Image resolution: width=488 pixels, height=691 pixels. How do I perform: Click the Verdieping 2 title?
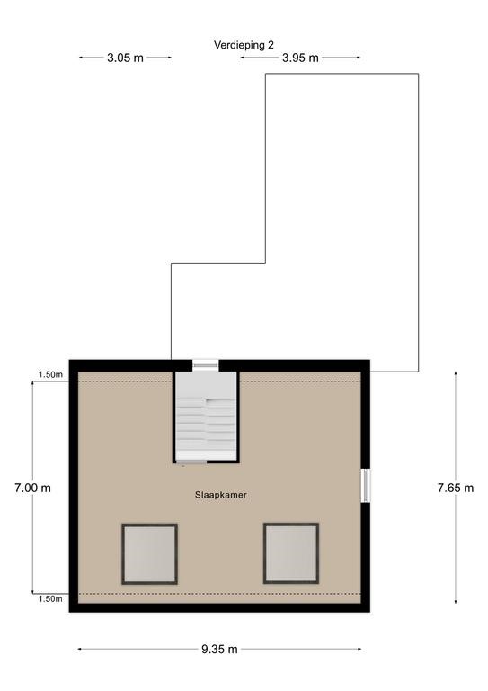coord(244,45)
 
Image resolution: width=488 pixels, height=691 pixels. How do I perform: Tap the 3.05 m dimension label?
coord(126,58)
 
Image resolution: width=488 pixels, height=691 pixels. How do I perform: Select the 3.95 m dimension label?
coord(300,58)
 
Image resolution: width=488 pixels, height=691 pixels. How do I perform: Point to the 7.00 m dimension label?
coord(32,488)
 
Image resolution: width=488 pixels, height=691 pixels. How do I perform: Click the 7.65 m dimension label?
coord(456,488)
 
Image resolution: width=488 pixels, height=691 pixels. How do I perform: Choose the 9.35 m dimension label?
coord(219,649)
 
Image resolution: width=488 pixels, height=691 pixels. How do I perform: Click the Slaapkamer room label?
coord(221,495)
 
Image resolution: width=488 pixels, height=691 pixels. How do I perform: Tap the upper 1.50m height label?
coord(50,375)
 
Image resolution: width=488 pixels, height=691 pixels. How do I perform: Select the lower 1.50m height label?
coord(50,599)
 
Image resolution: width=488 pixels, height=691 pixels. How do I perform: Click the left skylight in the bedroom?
coord(149,554)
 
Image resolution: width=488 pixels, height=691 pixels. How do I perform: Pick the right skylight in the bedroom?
coord(291,553)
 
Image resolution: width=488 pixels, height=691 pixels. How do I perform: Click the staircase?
coord(206,416)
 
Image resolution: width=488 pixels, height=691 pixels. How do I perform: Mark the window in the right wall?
coord(366,486)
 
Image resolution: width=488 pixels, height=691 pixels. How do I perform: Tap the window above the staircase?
coord(206,364)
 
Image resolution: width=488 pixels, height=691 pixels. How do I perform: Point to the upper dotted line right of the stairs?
coord(300,381)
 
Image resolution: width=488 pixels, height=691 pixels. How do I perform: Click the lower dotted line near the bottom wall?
coord(219,594)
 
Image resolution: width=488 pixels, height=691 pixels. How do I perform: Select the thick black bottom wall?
coord(219,607)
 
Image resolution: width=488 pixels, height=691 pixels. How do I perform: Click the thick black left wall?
coord(74,486)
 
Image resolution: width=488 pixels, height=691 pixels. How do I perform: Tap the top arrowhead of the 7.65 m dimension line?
coord(456,372)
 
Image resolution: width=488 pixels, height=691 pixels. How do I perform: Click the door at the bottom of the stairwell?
coord(191,462)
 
